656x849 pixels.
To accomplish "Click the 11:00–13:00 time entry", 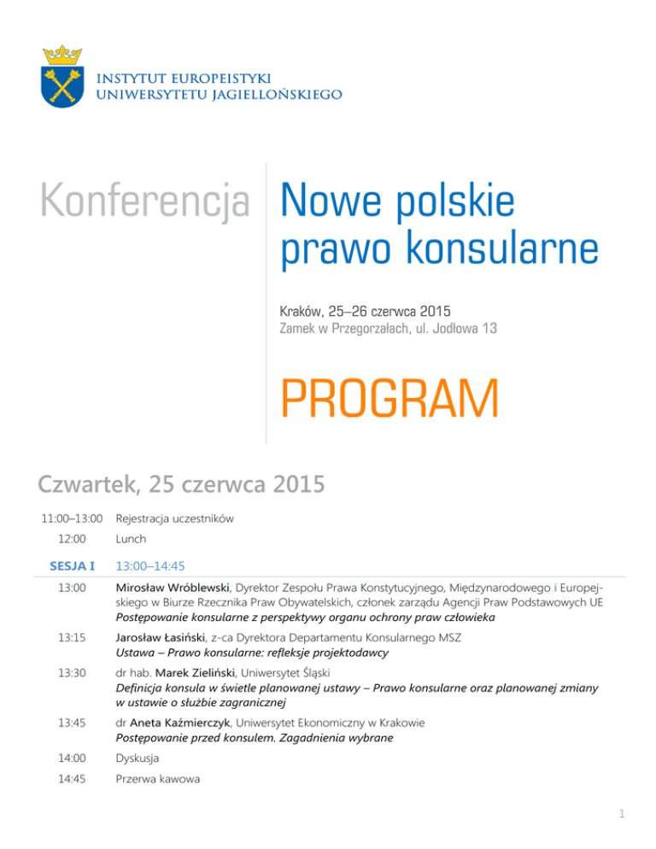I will (73, 518).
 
